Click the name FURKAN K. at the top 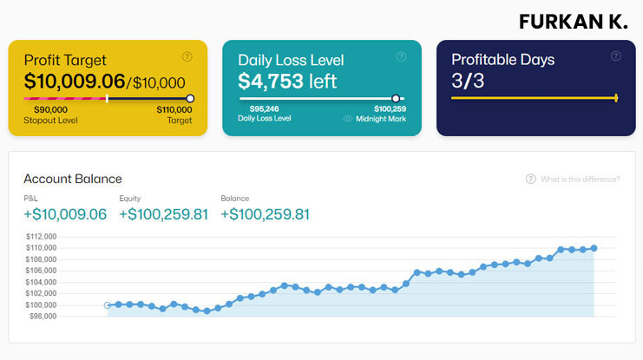tap(573, 22)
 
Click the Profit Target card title tap(65, 60)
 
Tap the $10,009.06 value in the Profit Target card tap(75, 82)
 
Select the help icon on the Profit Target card tap(187, 56)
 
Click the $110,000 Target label tap(174, 115)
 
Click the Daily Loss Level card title tap(291, 60)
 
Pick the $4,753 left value tap(287, 82)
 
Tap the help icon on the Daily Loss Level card tap(401, 56)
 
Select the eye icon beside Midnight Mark tap(348, 119)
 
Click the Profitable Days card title tap(503, 60)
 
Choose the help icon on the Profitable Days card tap(615, 56)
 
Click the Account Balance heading tap(73, 179)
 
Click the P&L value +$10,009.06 tap(65, 213)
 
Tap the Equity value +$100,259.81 tap(163, 213)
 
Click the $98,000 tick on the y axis tap(42, 316)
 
